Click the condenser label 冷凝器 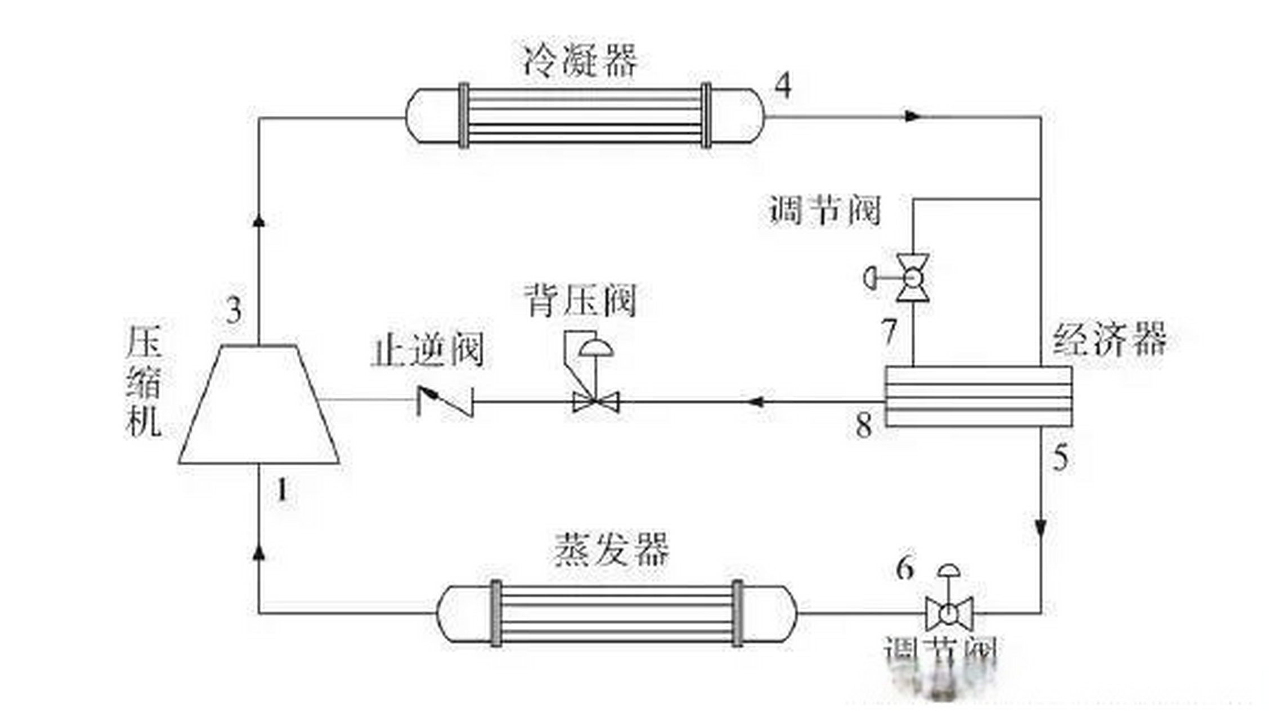click(580, 61)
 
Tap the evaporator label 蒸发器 click(612, 549)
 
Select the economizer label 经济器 click(1110, 339)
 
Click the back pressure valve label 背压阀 click(580, 301)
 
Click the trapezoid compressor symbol click(259, 405)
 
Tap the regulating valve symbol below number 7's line click(912, 277)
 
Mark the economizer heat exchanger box click(978, 397)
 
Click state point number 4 click(783, 86)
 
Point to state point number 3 click(234, 310)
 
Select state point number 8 click(864, 425)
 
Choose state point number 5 click(1060, 457)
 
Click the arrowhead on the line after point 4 click(912, 117)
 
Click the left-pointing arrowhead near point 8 click(756, 402)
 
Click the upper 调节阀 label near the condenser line click(824, 211)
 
